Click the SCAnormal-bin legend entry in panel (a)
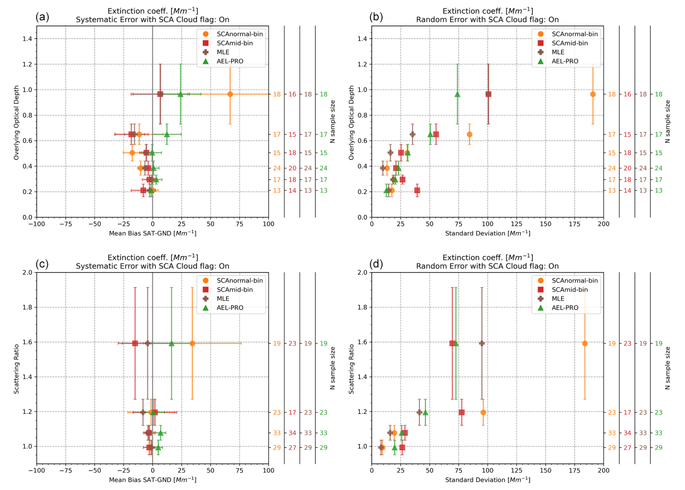click(x=239, y=34)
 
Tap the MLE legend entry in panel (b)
click(x=558, y=52)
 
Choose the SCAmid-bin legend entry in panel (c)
click(x=235, y=290)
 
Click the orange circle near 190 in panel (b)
click(x=593, y=94)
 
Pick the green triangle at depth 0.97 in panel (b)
click(x=457, y=94)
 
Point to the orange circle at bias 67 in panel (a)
click(x=230, y=94)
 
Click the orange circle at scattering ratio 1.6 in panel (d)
click(x=585, y=343)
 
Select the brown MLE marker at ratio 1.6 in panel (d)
click(x=482, y=343)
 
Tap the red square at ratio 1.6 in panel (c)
click(x=135, y=343)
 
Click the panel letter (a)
click(x=42, y=17)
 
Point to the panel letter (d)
click(x=376, y=264)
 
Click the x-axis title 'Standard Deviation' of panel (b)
click(x=487, y=233)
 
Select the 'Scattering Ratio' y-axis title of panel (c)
click(x=16, y=369)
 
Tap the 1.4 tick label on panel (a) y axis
click(x=28, y=39)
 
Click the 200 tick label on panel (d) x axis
click(x=603, y=470)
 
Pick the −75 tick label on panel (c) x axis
click(x=66, y=470)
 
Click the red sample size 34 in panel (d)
click(x=627, y=433)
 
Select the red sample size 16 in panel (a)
click(x=292, y=94)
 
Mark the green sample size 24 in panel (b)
click(x=658, y=168)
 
